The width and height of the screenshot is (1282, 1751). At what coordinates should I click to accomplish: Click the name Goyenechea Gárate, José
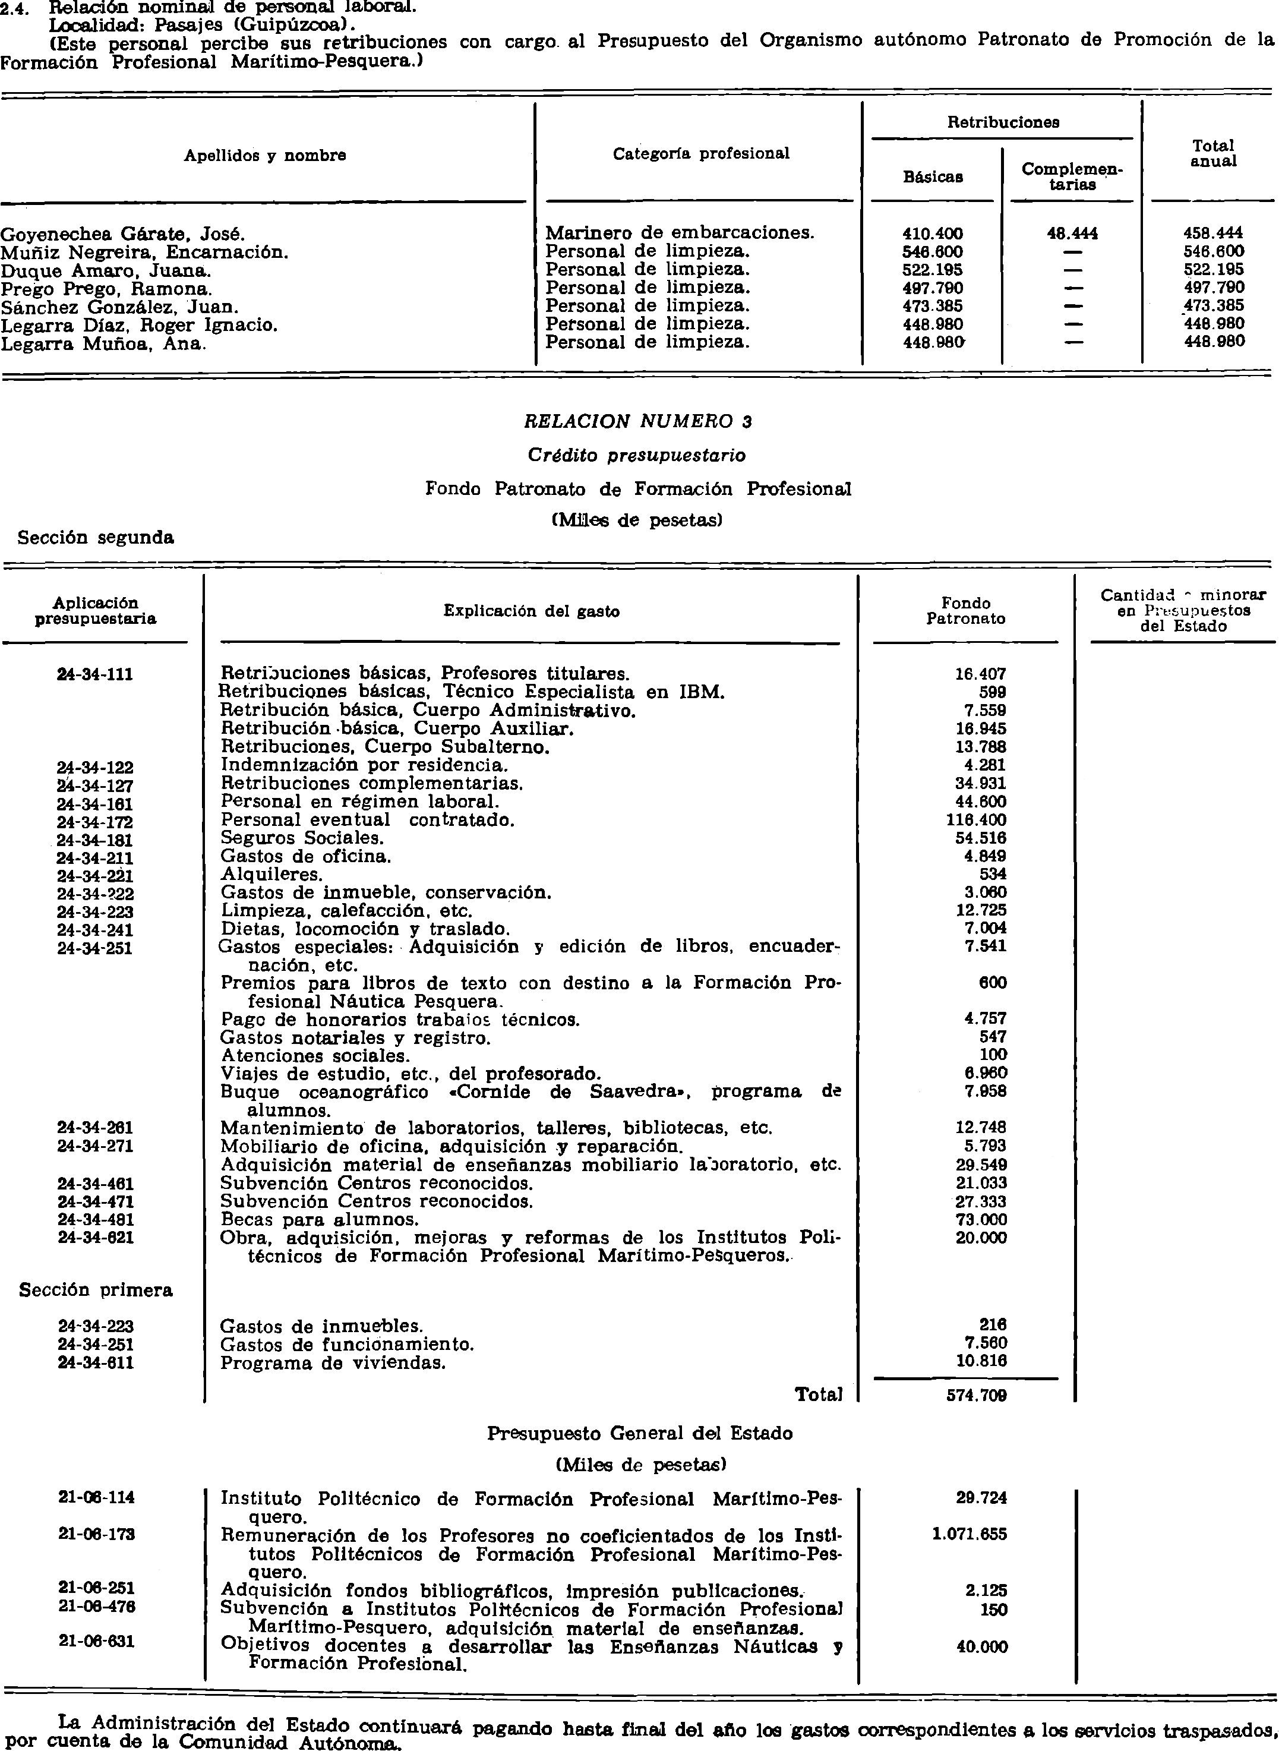point(122,234)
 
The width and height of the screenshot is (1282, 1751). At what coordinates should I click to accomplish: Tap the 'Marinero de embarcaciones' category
point(680,233)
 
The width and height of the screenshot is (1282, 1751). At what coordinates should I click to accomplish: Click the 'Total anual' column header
point(1213,154)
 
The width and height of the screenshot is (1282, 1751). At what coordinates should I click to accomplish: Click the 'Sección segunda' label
point(96,537)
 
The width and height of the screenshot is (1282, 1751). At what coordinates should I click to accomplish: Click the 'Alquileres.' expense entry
point(261,875)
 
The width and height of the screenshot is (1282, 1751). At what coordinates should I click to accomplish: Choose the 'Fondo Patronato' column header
point(965,611)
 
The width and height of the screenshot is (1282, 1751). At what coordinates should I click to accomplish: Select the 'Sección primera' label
point(96,1290)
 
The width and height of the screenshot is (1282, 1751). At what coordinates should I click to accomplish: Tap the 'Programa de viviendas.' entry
point(333,1363)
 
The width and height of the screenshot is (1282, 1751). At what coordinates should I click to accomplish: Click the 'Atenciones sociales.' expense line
point(315,1056)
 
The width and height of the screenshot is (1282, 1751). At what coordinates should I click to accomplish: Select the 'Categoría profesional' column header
point(701,154)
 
